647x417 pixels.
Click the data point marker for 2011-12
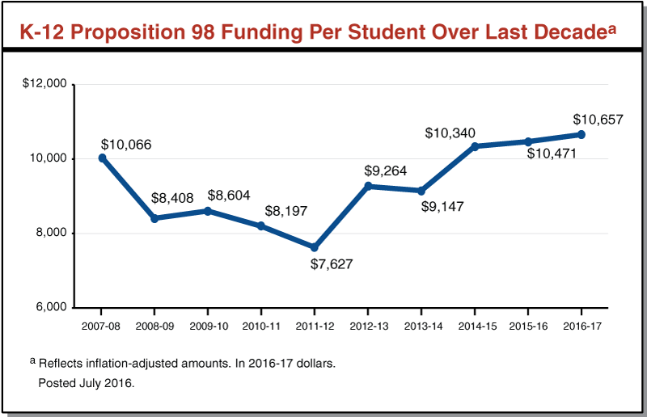315,247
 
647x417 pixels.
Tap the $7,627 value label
332,264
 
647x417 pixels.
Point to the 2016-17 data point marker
581,135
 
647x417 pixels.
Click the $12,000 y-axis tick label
46,84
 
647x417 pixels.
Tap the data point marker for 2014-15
475,146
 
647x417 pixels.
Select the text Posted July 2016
87,383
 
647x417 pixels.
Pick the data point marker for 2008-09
154,218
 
